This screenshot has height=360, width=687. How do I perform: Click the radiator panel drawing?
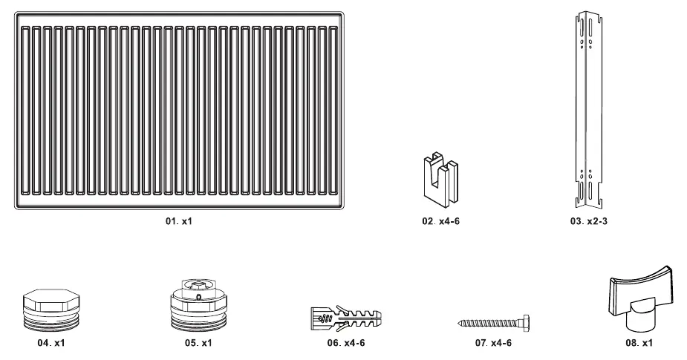pyautogui.click(x=179, y=111)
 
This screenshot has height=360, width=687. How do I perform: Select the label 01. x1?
pyautogui.click(x=179, y=221)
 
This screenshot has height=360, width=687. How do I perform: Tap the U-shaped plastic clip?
pyautogui.click(x=440, y=180)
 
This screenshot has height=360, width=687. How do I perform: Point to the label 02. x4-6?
pyautogui.click(x=440, y=221)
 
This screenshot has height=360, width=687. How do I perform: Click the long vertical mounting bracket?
pyautogui.click(x=588, y=111)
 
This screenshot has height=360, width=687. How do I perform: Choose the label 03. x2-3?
pyautogui.click(x=588, y=221)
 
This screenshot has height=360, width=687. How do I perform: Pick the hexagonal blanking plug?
pyautogui.click(x=51, y=310)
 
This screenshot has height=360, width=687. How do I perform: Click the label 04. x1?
pyautogui.click(x=51, y=343)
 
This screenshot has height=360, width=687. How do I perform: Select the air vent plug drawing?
pyautogui.click(x=198, y=305)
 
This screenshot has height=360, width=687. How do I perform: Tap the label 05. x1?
pyautogui.click(x=198, y=343)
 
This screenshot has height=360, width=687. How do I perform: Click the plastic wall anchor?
pyautogui.click(x=346, y=319)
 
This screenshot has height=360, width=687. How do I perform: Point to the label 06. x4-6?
pyautogui.click(x=345, y=343)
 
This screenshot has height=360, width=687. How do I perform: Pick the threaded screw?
pyautogui.click(x=493, y=324)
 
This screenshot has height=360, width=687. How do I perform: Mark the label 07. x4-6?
pyautogui.click(x=493, y=343)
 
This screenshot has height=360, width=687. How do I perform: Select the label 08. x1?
pyautogui.click(x=639, y=343)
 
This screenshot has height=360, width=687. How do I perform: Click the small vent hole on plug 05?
pyautogui.click(x=198, y=298)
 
